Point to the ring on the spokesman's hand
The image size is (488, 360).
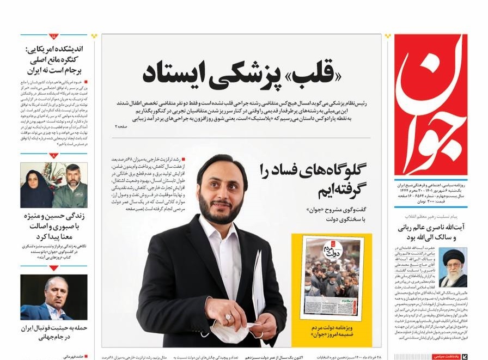pos(229,316)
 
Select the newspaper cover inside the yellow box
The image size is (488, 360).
pos(332,277)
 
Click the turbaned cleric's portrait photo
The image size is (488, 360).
pos(453,267)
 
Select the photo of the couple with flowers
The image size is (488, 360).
pos(53,185)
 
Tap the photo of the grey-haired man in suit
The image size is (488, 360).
pos(53,297)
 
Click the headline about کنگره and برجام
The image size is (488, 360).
pos(54,59)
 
